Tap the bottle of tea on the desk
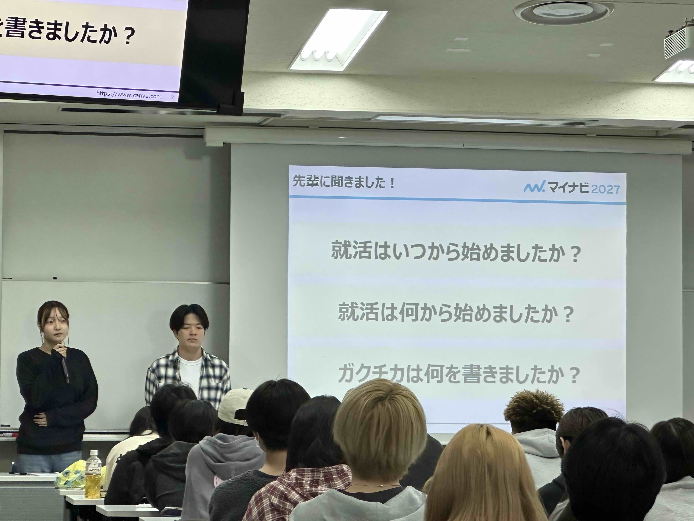pyautogui.click(x=93, y=474)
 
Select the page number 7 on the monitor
pyautogui.click(x=172, y=97)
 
